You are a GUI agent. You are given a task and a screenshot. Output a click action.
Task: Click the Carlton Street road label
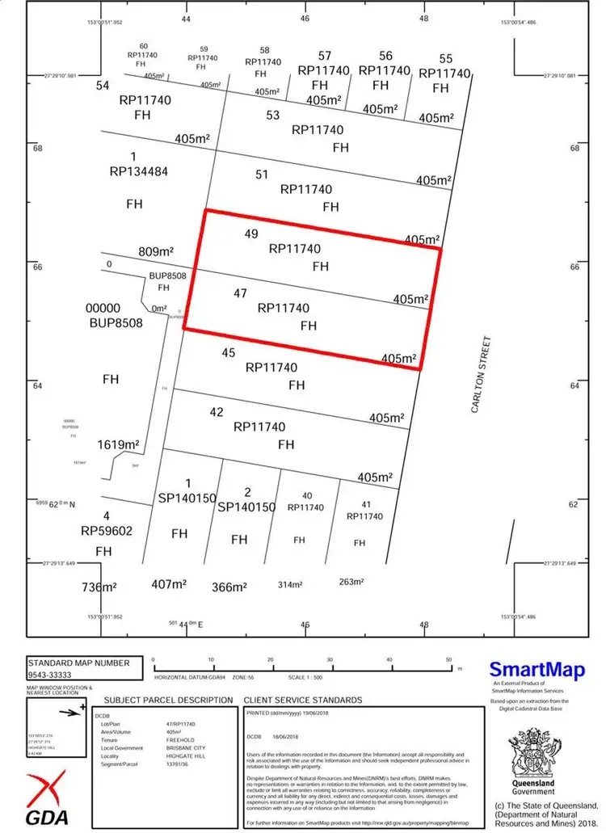click(x=482, y=375)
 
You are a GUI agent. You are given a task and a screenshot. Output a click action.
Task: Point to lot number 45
click(x=228, y=352)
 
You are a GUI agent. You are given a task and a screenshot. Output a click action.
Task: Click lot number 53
click(x=273, y=116)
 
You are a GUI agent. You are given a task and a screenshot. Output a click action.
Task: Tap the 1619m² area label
click(x=119, y=445)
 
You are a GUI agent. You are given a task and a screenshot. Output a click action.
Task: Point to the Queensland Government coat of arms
click(x=533, y=755)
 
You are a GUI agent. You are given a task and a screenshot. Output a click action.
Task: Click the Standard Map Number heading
click(x=78, y=662)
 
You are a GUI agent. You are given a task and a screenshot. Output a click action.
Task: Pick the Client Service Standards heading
click(x=303, y=700)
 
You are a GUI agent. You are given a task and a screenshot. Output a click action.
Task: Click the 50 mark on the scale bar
click(x=449, y=661)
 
